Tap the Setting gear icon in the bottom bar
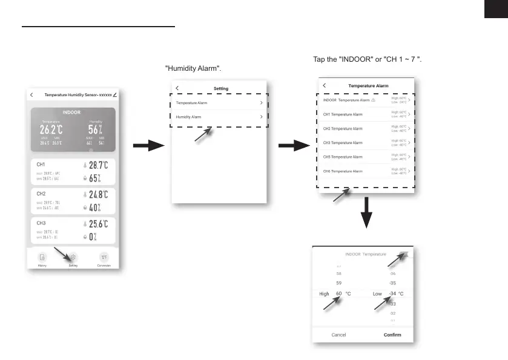73,257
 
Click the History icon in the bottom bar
42,257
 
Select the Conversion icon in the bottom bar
104,257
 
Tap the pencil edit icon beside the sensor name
115,95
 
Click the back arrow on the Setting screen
177,88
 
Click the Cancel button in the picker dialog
339,335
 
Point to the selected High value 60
339,293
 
